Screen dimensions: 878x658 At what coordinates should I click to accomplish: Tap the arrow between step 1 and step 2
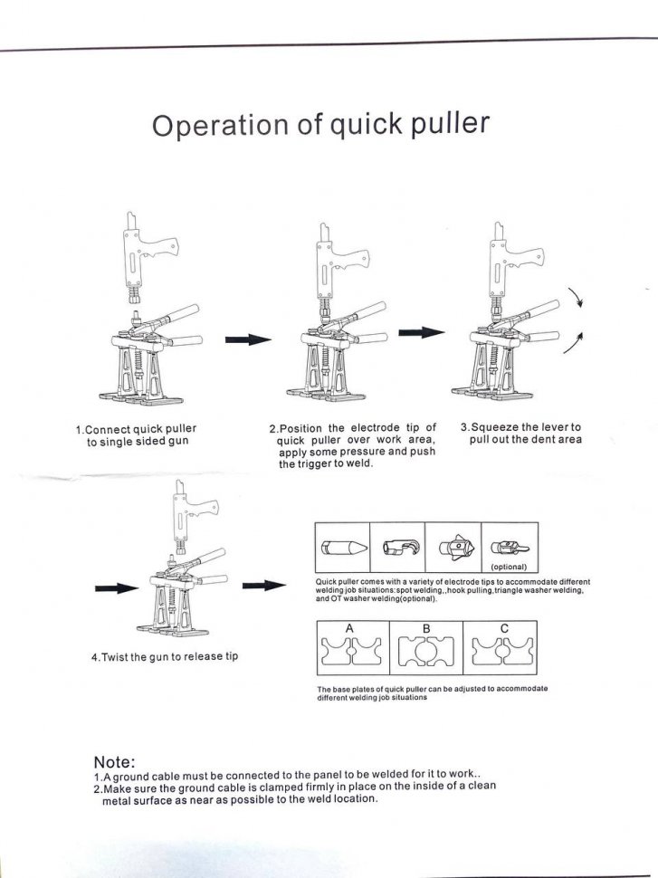point(248,339)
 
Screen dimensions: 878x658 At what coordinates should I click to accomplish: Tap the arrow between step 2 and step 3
point(422,331)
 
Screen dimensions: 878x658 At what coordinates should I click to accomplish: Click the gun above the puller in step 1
point(148,254)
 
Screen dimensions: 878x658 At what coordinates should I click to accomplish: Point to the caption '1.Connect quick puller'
point(136,428)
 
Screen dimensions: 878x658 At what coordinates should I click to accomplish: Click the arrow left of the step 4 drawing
point(115,589)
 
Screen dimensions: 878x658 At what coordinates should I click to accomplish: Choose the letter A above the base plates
point(348,628)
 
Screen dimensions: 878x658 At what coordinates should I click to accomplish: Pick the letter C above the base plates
point(503,627)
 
